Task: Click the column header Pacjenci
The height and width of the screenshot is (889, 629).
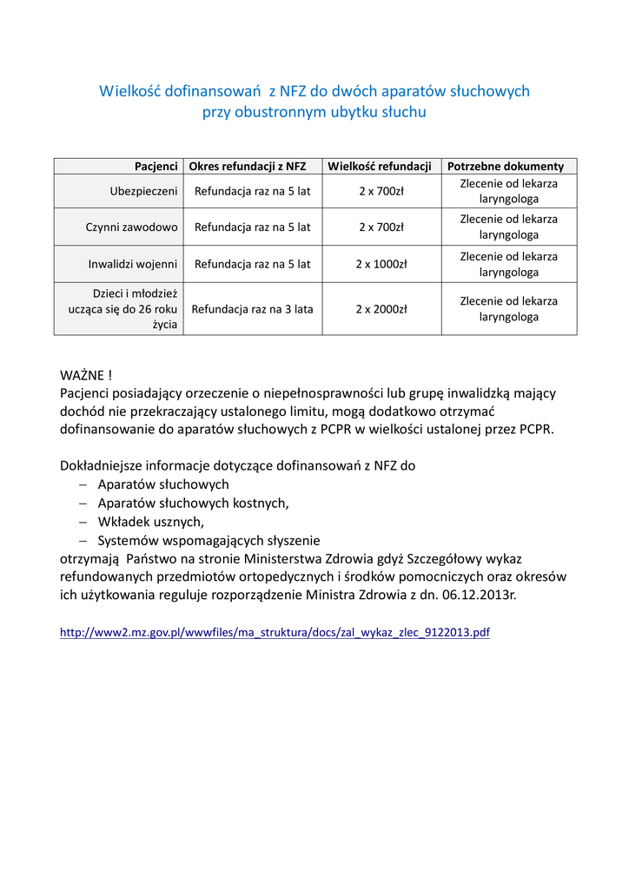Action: pos(156,166)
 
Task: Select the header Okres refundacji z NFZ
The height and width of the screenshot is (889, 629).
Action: pos(251,166)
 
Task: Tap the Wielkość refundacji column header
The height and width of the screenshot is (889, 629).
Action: pos(381,166)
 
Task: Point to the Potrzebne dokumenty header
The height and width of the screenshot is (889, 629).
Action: pos(506,166)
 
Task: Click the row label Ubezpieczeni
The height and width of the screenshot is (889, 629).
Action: pos(144,191)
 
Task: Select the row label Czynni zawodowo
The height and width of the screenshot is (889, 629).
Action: pos(132,227)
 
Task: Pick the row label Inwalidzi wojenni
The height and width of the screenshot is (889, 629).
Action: pos(133,264)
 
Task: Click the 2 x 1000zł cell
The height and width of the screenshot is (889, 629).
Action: pos(381,264)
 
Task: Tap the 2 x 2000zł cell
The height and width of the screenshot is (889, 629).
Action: pos(381,308)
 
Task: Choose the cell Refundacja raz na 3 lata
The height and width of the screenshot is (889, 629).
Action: pos(252,308)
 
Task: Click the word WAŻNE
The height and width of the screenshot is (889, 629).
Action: pos(82,375)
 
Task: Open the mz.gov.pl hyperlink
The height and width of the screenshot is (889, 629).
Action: pos(275,633)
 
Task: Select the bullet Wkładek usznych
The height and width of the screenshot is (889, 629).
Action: pos(150,521)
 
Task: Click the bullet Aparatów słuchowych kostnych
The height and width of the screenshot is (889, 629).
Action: pos(193,503)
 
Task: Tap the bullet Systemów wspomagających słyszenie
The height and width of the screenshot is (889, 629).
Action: pos(209,540)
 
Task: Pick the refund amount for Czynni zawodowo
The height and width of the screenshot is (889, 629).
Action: pos(381,227)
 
